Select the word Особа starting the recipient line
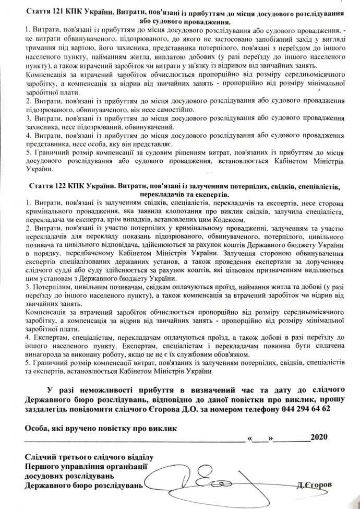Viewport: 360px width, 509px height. click(36, 428)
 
